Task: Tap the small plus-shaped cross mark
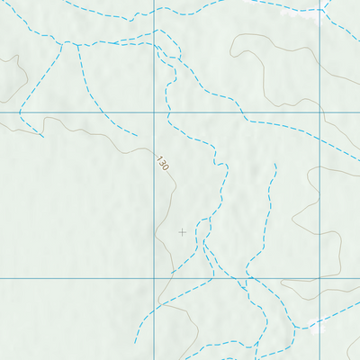tap(183, 231)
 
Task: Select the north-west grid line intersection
tap(157, 115)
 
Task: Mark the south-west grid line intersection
tap(157, 278)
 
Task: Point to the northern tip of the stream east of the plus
tap(274, 165)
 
